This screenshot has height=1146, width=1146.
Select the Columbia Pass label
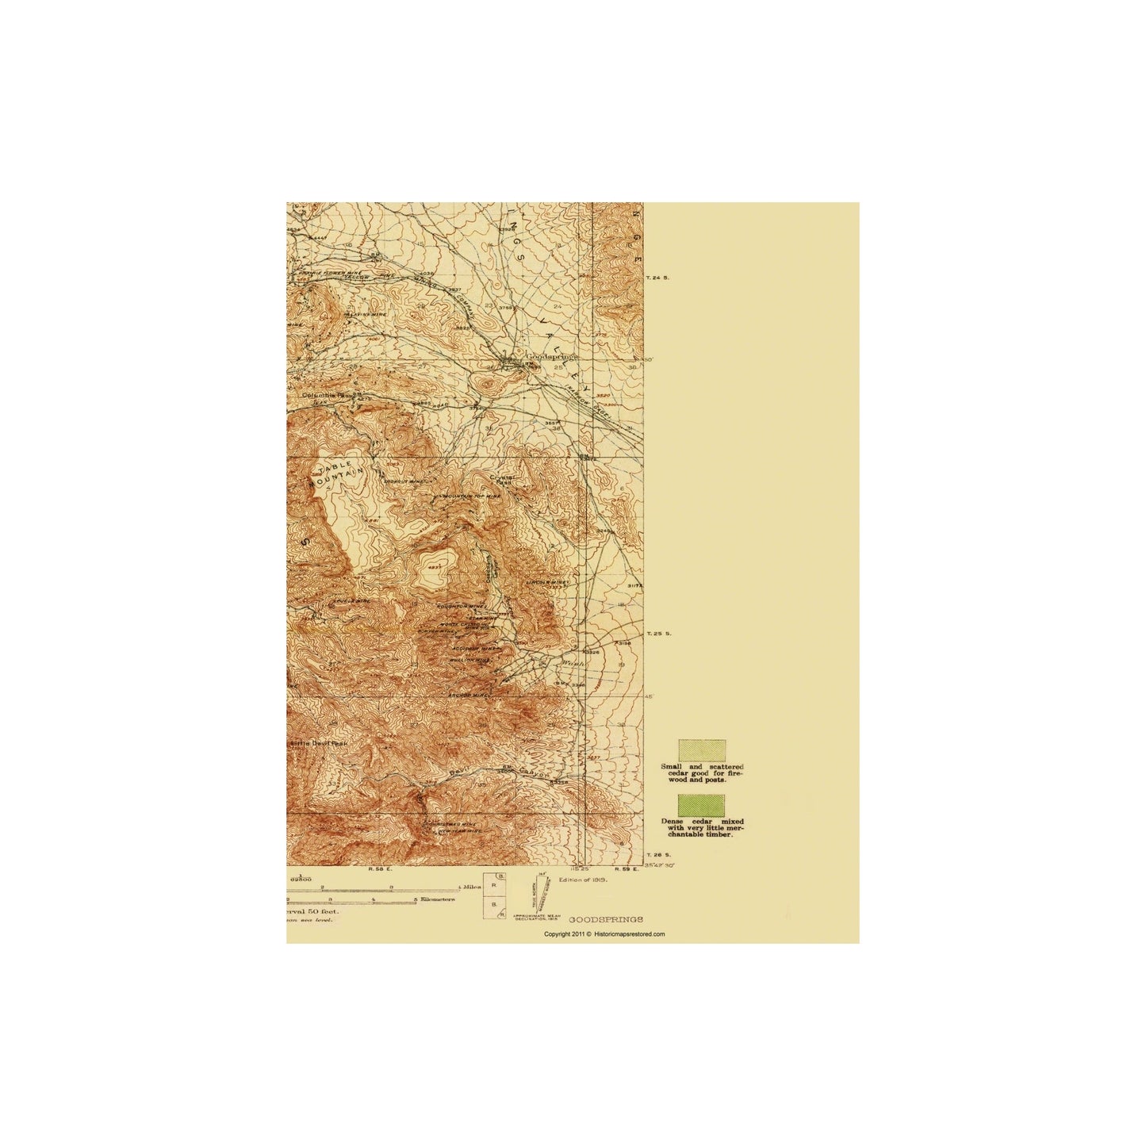[321, 394]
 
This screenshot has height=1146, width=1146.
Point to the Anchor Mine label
[470, 696]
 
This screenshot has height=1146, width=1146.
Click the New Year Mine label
[459, 831]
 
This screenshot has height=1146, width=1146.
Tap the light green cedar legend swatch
[701, 750]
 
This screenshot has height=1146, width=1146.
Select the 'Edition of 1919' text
[583, 880]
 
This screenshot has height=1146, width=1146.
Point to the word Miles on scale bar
[471, 887]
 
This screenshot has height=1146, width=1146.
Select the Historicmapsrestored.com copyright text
[604, 934]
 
